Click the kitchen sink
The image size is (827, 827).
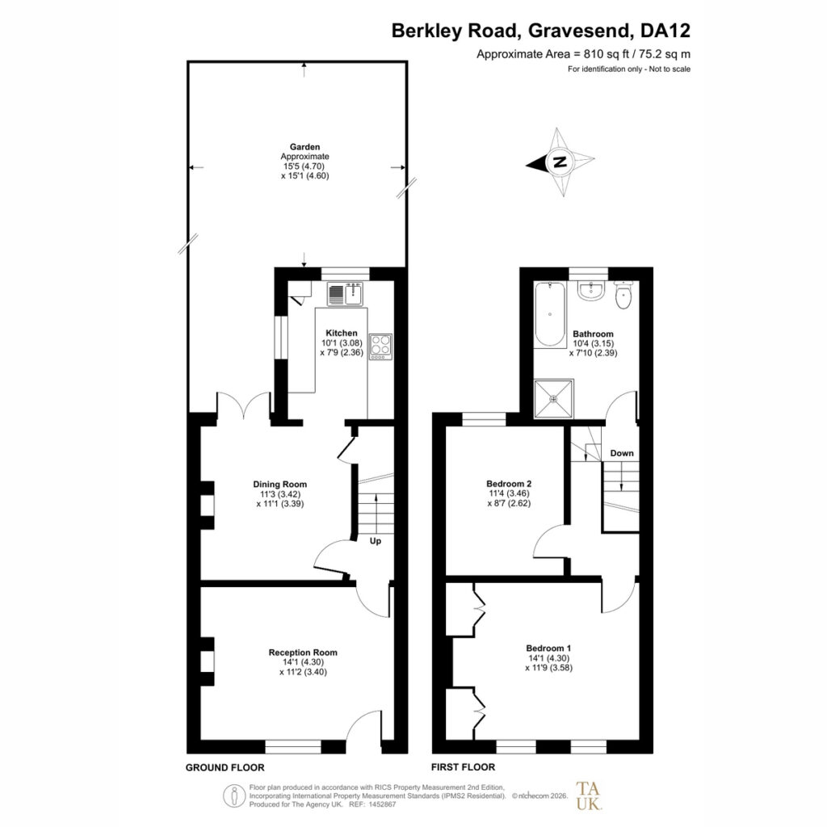coord(345,294)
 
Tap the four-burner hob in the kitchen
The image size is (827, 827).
coord(381,347)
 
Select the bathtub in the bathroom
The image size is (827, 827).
coord(549,315)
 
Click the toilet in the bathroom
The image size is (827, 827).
coord(623,296)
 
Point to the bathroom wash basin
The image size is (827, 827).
coord(590,292)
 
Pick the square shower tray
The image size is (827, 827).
coord(553,399)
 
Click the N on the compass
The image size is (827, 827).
coord(560,162)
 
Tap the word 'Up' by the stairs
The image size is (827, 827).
coord(375,542)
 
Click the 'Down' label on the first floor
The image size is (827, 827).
coord(622,453)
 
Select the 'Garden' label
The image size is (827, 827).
coord(304,147)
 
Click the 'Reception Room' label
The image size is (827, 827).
coord(303,653)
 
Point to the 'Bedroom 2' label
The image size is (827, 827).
coord(509,484)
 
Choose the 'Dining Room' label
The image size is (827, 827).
coord(279,485)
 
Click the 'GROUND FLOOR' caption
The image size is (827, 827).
coord(225,767)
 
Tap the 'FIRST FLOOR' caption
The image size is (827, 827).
coord(463,767)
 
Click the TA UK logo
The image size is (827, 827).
coord(588,796)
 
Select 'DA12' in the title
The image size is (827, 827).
coord(665,31)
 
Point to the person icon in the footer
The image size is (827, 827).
coord(233,796)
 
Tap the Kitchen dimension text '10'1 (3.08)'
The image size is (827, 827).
coord(342,342)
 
